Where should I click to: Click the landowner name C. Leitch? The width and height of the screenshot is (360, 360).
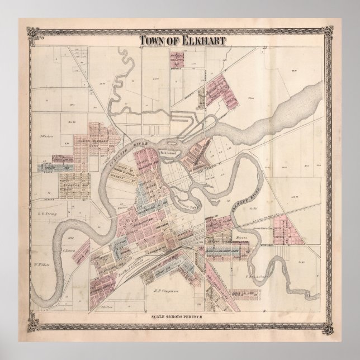click(69, 250)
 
